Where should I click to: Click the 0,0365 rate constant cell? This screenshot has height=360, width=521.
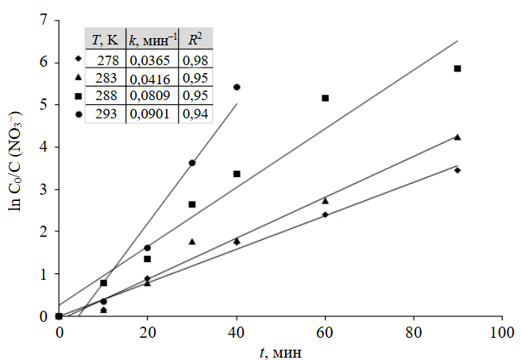click(153, 60)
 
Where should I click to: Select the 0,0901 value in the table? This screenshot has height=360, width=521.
click(153, 114)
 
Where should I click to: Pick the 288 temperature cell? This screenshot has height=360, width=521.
click(106, 95)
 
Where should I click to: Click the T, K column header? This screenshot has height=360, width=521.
click(105, 38)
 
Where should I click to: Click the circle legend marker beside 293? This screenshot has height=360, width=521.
click(78, 114)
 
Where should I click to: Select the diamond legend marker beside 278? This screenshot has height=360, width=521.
click(78, 59)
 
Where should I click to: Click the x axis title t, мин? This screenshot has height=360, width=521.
click(280, 350)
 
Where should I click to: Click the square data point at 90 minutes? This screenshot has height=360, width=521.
click(457, 68)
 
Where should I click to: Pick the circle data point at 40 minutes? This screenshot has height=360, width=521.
click(237, 87)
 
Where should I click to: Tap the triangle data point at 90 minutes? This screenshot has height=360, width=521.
click(457, 137)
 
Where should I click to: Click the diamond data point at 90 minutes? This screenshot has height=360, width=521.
click(457, 170)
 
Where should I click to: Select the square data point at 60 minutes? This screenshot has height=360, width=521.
click(325, 98)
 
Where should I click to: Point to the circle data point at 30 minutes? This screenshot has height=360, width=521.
click(192, 163)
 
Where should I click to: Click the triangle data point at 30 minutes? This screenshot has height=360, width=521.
click(192, 241)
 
